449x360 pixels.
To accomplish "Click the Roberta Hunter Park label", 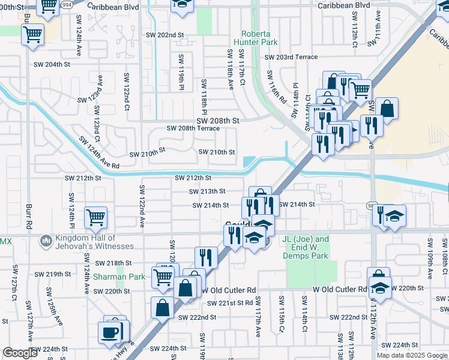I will [260, 38].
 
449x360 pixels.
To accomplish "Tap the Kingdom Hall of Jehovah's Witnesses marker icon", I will [45, 241].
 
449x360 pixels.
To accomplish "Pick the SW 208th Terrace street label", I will [193, 128].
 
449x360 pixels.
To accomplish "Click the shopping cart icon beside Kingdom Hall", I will [96, 217].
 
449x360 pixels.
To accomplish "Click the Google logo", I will [20, 353].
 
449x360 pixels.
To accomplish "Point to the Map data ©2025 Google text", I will [411, 355].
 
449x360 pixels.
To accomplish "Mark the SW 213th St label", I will [207, 191].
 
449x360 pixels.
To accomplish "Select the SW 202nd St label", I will [164, 35].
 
